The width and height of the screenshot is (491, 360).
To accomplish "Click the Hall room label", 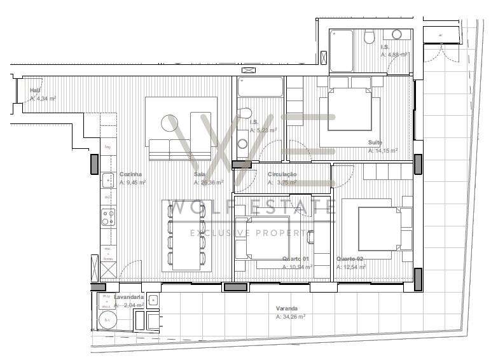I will click(35, 90).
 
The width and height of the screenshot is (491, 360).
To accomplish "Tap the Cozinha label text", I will click(130, 174).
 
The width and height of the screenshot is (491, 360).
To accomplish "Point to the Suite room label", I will click(375, 142).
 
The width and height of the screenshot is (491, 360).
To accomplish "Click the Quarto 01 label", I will click(295, 259).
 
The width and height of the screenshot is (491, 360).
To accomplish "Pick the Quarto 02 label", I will click(350, 259).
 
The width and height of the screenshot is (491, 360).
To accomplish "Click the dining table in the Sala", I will click(186, 233).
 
